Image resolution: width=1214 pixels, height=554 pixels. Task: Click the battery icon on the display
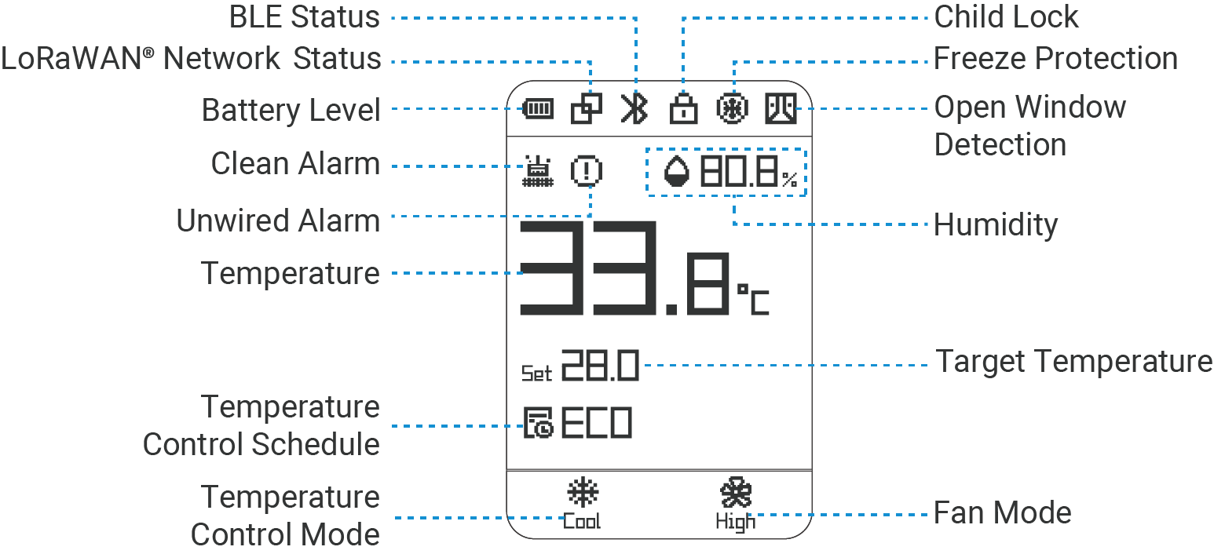[x=538, y=109]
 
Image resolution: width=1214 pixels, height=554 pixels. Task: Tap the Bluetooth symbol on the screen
[x=634, y=109]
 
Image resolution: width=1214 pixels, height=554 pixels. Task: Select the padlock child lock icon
[x=683, y=109]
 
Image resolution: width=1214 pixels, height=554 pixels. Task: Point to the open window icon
[x=781, y=109]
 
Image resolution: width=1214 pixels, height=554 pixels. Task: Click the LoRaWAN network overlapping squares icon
[x=586, y=109]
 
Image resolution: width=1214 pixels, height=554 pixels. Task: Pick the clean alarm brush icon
[x=538, y=171]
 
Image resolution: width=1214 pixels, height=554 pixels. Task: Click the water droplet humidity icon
[x=676, y=171]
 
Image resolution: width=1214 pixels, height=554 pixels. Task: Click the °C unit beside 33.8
[x=753, y=299]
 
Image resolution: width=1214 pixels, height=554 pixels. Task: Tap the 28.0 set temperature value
[x=600, y=366]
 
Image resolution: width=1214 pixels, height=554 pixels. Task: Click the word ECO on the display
[x=596, y=424]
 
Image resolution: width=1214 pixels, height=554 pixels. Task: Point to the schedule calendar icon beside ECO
[x=539, y=424]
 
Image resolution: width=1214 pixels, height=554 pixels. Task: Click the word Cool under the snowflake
[x=582, y=521]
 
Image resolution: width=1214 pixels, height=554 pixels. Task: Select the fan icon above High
[x=736, y=494]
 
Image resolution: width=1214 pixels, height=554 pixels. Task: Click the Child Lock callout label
[x=1006, y=16]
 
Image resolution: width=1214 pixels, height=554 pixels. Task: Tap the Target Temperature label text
[x=1073, y=362]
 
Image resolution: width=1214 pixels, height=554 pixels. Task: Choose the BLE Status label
[x=305, y=16]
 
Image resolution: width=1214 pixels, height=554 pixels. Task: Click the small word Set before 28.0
[x=537, y=373]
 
